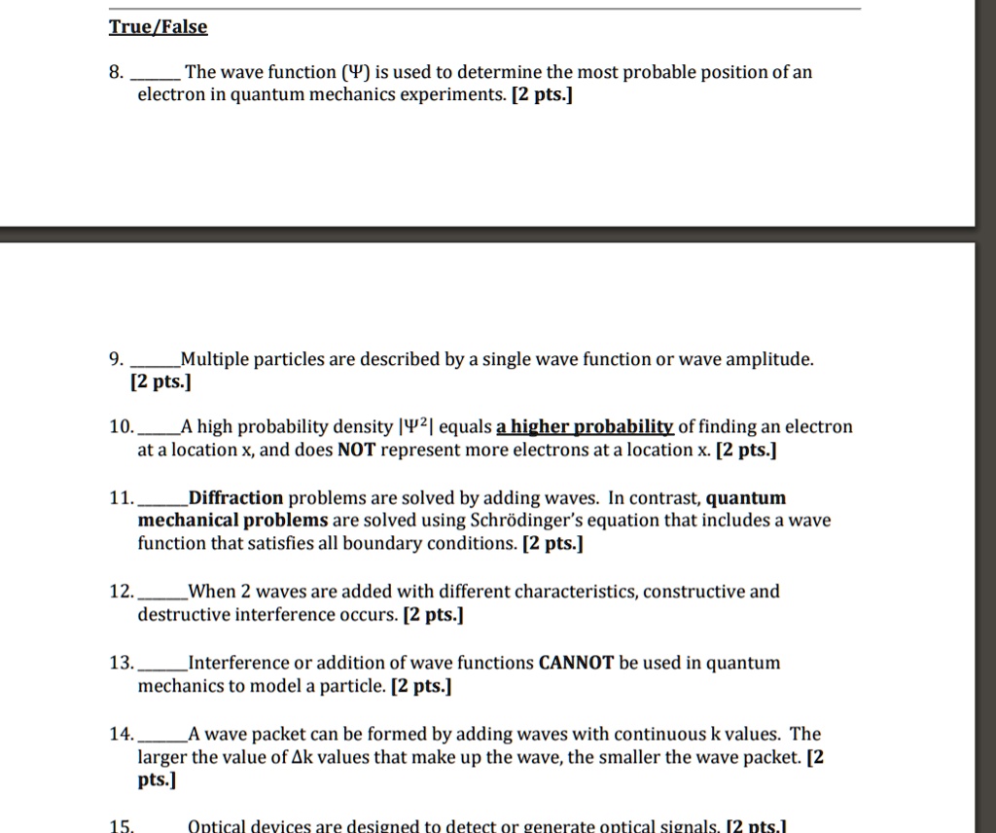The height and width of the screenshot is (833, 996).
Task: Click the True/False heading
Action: (158, 27)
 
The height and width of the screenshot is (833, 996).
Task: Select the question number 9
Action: (116, 360)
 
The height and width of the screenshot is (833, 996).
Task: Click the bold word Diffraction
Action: (236, 498)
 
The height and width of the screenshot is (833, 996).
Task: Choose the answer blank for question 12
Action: (162, 593)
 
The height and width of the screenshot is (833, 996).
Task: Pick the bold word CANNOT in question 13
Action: (576, 664)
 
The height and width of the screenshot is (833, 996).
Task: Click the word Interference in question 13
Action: (238, 664)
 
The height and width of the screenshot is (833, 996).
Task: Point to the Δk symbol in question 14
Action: (302, 758)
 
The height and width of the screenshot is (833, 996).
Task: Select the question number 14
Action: (121, 735)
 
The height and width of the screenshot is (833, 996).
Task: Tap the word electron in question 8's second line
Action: (171, 96)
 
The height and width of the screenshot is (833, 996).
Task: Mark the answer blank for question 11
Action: (162, 499)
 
